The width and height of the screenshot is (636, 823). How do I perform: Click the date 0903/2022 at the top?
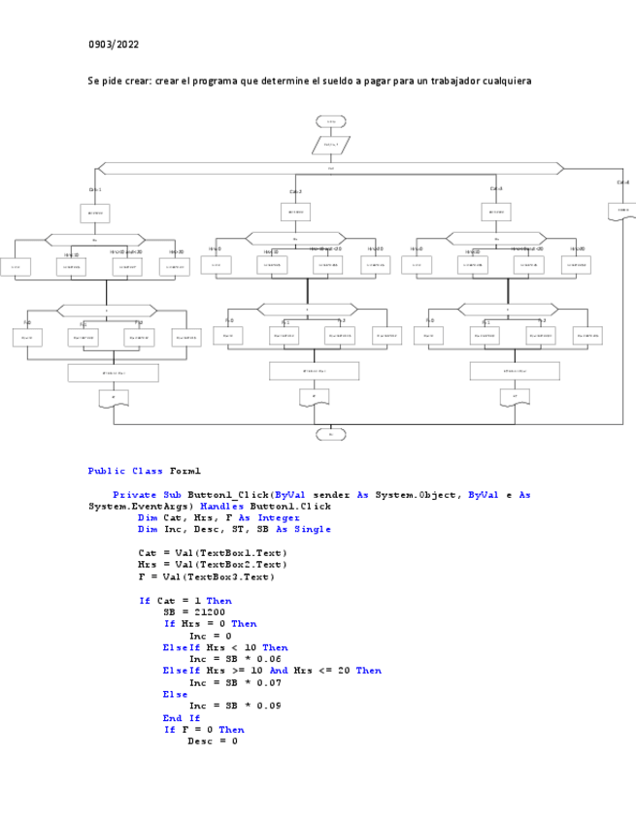click(x=114, y=45)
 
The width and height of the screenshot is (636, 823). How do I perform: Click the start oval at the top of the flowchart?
click(x=331, y=121)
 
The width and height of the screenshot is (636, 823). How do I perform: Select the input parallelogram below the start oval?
click(x=331, y=145)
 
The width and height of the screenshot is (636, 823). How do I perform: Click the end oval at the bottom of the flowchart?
click(x=331, y=434)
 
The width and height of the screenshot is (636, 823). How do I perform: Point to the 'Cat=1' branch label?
click(x=95, y=190)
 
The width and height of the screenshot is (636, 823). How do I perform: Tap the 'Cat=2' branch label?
click(x=295, y=192)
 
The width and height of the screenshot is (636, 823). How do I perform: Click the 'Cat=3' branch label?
click(x=496, y=188)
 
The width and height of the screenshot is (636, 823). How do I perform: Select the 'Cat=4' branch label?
click(x=622, y=182)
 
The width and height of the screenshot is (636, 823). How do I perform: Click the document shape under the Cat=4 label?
click(x=622, y=211)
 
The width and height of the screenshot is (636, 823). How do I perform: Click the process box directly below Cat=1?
click(x=95, y=213)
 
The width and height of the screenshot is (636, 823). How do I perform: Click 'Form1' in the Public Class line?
click(x=184, y=471)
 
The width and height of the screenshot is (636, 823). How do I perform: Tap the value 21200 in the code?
click(x=209, y=612)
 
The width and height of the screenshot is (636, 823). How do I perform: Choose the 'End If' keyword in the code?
click(x=181, y=718)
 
